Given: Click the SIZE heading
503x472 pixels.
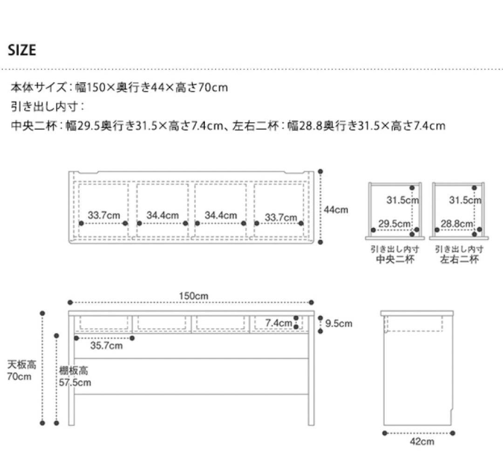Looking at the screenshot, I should coord(22,50).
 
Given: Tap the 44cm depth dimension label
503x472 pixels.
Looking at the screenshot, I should coord(336,210).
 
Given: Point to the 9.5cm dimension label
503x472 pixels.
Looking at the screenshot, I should coord(339,323).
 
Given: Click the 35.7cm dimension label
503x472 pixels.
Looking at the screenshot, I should coord(107,345).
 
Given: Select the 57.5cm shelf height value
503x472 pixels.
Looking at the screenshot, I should coord(75,383).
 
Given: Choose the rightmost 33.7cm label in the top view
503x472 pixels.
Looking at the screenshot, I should coord(281,217).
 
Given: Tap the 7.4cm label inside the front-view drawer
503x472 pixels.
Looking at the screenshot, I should coord(279,322).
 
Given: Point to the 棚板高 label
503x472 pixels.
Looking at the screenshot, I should coord(73,371).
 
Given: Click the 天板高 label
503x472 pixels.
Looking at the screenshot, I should coord(22,364).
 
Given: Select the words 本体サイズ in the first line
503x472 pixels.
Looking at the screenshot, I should coord(38,87).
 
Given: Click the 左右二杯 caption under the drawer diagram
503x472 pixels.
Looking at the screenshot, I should coord(459,259).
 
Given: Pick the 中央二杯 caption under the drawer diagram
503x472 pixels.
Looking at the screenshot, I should coord(394,259).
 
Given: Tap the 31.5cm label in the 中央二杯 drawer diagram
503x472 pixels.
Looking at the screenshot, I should coord(403,200).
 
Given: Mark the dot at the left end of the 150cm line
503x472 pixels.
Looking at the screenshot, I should coord(70,302).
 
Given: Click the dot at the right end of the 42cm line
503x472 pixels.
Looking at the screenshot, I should coord(453,433).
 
